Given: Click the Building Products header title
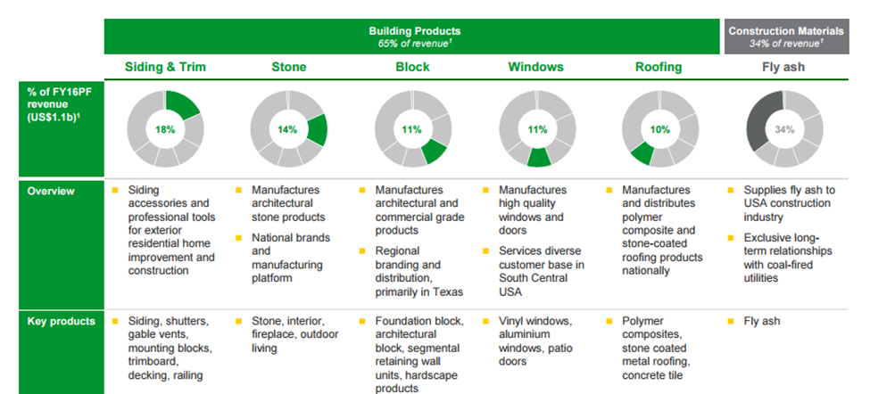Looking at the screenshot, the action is (414, 31).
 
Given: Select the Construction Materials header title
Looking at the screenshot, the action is (786, 31).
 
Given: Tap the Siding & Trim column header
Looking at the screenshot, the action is (165, 67).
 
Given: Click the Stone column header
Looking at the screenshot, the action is (288, 67).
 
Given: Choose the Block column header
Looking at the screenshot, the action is (412, 67).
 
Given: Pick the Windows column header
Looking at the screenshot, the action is (536, 67).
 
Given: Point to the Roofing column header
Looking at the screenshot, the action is (659, 68).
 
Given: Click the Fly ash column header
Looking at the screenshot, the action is (783, 68).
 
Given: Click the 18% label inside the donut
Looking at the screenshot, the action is (165, 129).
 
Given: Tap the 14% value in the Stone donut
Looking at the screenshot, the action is (287, 129).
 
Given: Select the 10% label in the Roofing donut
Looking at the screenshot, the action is (659, 129).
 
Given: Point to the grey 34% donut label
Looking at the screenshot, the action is (784, 129).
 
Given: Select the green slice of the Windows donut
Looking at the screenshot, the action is (538, 158).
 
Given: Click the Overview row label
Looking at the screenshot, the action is (51, 191).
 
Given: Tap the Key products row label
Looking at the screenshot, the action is (61, 322).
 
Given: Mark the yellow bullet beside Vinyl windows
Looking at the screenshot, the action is (486, 321).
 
